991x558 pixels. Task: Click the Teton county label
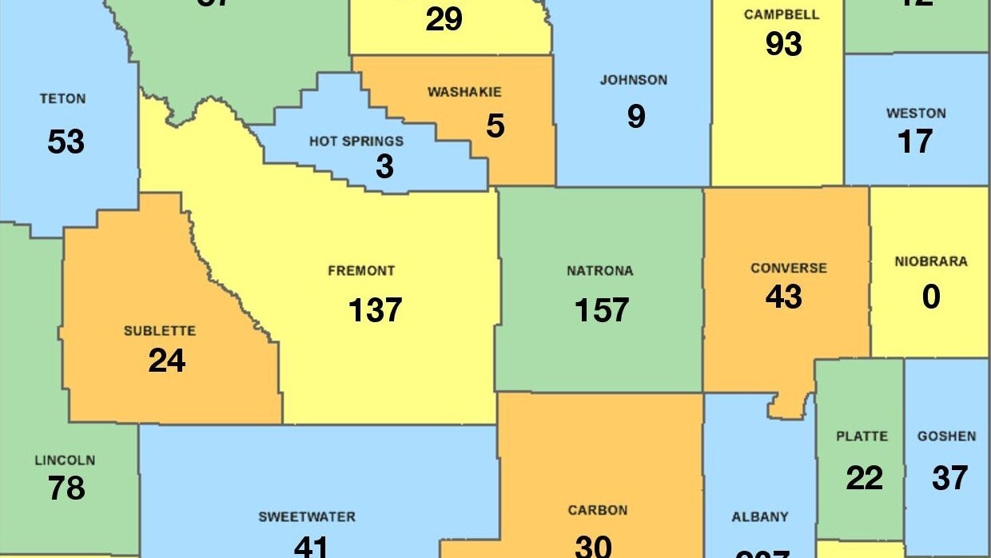pyautogui.click(x=62, y=99)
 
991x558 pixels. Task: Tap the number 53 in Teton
pyautogui.click(x=66, y=142)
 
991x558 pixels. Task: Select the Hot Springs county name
pyautogui.click(x=356, y=141)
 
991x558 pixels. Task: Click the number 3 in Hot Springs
pyautogui.click(x=384, y=166)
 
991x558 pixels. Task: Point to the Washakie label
pyautogui.click(x=464, y=92)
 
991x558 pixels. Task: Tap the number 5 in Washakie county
pyautogui.click(x=495, y=126)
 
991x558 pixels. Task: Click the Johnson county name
pyautogui.click(x=633, y=80)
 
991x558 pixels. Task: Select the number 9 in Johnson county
pyautogui.click(x=635, y=117)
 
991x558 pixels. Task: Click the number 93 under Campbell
pyautogui.click(x=783, y=44)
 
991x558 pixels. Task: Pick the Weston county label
pyautogui.click(x=916, y=114)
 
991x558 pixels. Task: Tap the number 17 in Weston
pyautogui.click(x=915, y=141)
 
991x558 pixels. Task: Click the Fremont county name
pyautogui.click(x=361, y=271)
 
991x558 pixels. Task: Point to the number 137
pyautogui.click(x=375, y=309)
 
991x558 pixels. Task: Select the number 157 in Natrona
pyautogui.click(x=602, y=309)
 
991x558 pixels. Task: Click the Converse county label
pyautogui.click(x=788, y=268)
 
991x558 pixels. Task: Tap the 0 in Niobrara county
pyautogui.click(x=931, y=297)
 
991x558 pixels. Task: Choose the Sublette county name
pyautogui.click(x=159, y=331)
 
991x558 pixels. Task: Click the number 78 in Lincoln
pyautogui.click(x=66, y=487)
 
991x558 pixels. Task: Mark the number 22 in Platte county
pyautogui.click(x=864, y=478)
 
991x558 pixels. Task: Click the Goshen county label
pyautogui.click(x=946, y=436)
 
